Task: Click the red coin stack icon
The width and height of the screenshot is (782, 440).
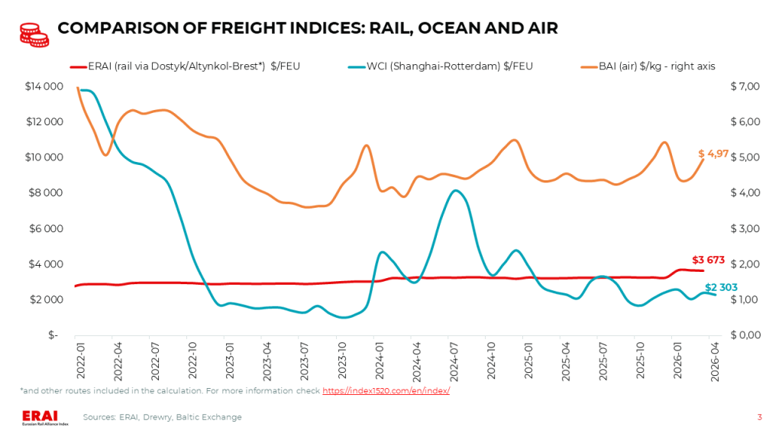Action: coord(34,35)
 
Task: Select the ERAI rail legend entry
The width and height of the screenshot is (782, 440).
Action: coord(185,66)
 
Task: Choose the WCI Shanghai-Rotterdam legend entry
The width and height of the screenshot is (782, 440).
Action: coord(441,66)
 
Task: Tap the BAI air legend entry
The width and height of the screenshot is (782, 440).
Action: coord(648,66)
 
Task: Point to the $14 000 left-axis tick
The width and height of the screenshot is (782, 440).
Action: coord(44,86)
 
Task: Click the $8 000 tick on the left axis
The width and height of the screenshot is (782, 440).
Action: coord(45,192)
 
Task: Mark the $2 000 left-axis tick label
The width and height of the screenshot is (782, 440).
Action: coord(46,299)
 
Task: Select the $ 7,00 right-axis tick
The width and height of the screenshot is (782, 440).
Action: coord(745,86)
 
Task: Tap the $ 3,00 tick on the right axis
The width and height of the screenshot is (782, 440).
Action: coord(745,228)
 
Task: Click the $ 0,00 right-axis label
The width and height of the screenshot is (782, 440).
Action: coord(745,335)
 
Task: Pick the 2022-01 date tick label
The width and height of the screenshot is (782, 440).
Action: coord(80,361)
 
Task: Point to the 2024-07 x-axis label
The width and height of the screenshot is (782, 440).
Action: coord(454,361)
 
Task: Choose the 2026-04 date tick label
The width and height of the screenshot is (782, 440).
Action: coord(715,361)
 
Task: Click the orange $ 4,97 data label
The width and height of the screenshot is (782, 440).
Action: coord(713,154)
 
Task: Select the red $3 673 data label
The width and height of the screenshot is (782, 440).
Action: coord(708,260)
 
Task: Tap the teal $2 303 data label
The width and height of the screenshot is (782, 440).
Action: coord(721,287)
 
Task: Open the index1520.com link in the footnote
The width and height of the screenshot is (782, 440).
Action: coord(386,390)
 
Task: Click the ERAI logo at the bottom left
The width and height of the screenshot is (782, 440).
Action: coord(45,418)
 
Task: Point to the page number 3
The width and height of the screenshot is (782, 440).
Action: coord(760,417)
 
